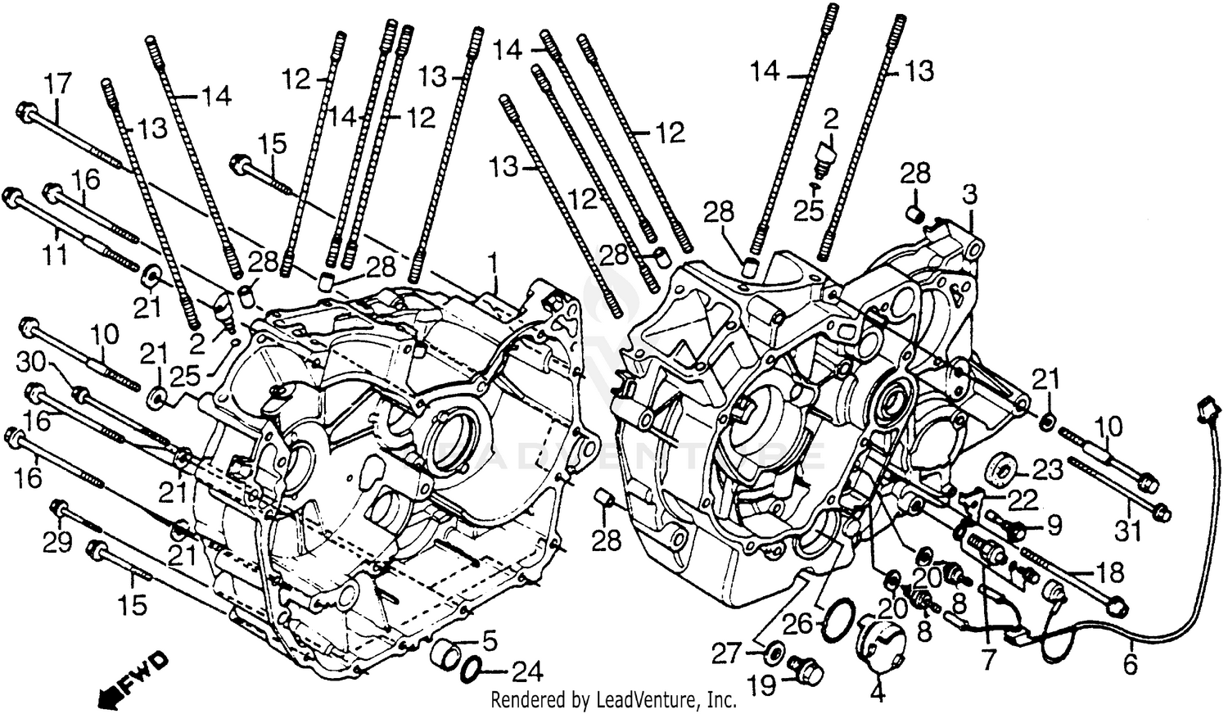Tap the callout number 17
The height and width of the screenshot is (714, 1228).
click(58, 84)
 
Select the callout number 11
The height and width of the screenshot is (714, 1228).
click(56, 255)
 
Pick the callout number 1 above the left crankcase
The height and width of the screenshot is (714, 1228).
click(493, 263)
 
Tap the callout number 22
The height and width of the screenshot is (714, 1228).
click(1023, 499)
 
